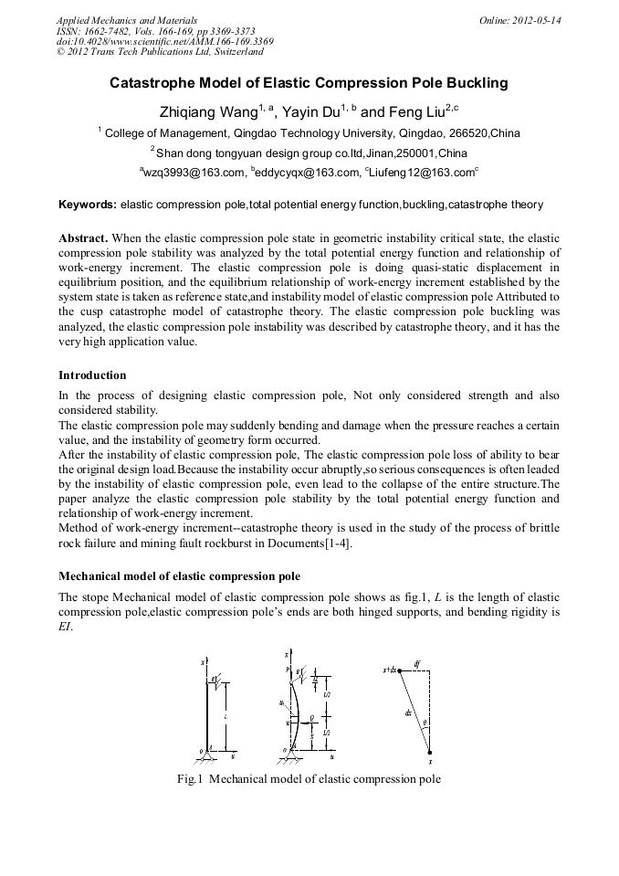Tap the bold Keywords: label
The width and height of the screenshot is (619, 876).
tap(88, 205)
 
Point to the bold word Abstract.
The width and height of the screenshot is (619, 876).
tap(83, 237)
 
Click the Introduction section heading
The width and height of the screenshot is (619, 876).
tap(92, 375)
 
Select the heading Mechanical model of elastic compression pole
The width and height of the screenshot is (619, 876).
tap(179, 576)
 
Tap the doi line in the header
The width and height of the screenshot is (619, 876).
tap(164, 41)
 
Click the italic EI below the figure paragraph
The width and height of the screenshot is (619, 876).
tap(66, 628)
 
